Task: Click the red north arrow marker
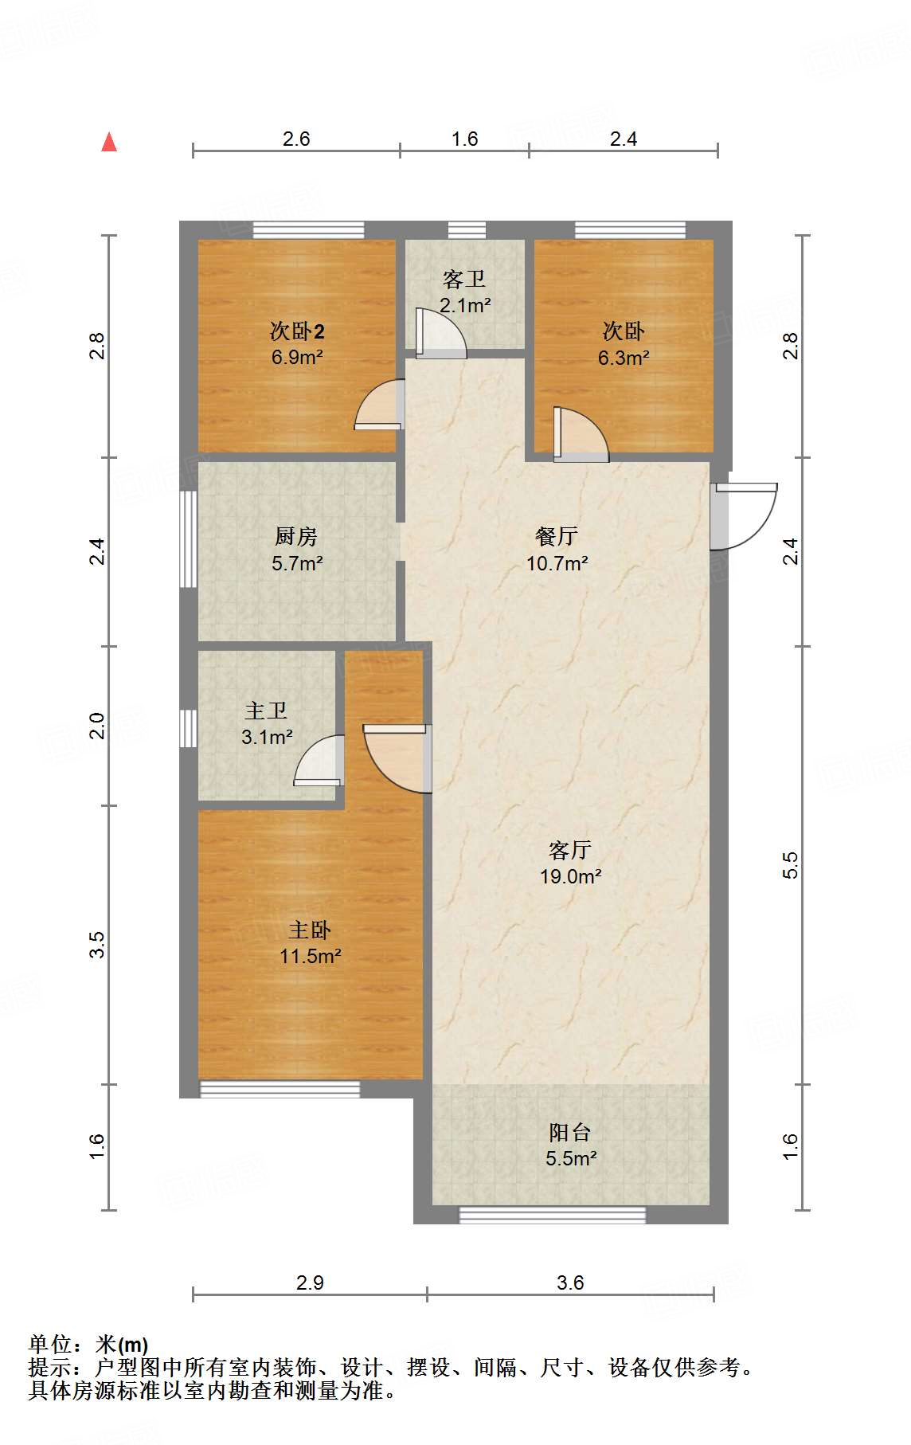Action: (x=109, y=143)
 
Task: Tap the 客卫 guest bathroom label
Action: (x=464, y=280)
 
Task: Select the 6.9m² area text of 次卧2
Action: (x=296, y=357)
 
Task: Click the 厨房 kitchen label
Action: (x=296, y=536)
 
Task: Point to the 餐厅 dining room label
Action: (x=557, y=536)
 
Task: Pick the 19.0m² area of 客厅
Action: (x=570, y=876)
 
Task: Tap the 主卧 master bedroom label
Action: (x=310, y=930)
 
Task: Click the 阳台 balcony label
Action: (x=570, y=1132)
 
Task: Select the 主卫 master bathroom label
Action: (x=266, y=710)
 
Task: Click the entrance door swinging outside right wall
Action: (x=745, y=516)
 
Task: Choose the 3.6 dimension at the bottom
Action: (x=570, y=1282)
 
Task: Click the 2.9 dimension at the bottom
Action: (x=310, y=1282)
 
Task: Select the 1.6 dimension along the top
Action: (x=464, y=139)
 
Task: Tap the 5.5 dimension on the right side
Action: (x=790, y=865)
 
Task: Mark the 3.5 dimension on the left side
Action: (x=96, y=945)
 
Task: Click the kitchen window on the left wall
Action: (x=188, y=539)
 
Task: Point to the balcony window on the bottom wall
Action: (x=553, y=1215)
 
